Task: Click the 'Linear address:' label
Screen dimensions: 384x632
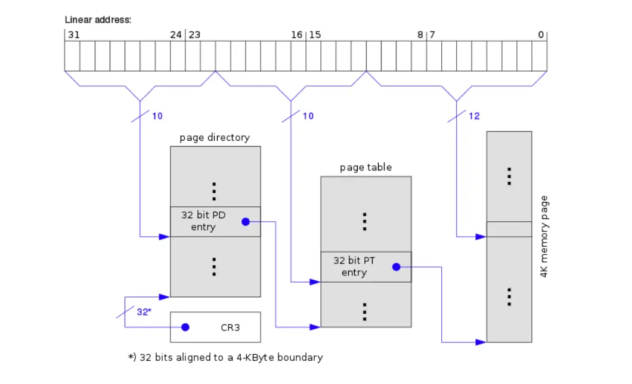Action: tap(98, 20)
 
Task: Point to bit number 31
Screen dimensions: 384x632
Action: tap(73, 35)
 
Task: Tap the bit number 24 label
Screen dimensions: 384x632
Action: tap(175, 35)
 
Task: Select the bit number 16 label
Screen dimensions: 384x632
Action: tap(296, 35)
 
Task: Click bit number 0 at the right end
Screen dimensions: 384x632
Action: tap(541, 35)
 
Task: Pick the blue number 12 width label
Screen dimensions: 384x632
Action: tap(474, 116)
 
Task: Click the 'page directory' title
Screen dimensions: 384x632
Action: tap(215, 138)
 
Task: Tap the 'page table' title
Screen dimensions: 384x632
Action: tap(365, 168)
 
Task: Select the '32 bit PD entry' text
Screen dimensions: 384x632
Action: tap(203, 221)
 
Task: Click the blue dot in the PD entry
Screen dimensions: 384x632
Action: tap(245, 222)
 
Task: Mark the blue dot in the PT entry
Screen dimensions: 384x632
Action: tap(396, 267)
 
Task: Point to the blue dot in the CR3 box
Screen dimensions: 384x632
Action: tap(185, 327)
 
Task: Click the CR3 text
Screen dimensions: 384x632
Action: tap(231, 327)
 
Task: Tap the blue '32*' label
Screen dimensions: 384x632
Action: tap(144, 311)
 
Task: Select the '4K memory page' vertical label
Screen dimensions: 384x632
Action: tap(544, 237)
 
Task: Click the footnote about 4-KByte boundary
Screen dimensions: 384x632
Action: tap(225, 358)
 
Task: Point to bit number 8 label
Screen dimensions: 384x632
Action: tap(420, 35)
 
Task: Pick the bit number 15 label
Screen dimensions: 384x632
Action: tap(315, 35)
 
